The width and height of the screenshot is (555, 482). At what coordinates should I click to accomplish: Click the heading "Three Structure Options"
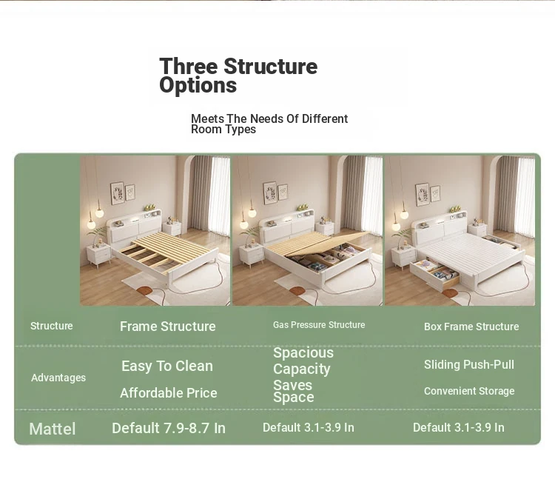(238, 76)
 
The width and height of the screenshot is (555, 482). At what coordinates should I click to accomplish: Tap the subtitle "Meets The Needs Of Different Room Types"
(269, 124)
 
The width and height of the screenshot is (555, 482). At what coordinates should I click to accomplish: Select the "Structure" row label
(51, 326)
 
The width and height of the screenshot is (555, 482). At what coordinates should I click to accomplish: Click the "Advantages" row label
(58, 378)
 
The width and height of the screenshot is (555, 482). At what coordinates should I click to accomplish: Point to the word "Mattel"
(53, 429)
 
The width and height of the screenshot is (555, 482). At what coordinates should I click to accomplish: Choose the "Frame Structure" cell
(168, 327)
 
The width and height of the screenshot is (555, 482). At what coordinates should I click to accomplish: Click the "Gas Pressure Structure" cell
(319, 325)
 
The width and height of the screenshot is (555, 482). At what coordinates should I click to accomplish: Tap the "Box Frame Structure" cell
(471, 327)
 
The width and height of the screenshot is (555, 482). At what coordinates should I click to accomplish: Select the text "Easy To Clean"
(167, 366)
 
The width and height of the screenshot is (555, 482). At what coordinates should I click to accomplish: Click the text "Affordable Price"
(169, 392)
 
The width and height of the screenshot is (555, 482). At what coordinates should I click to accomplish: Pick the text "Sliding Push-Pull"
(469, 364)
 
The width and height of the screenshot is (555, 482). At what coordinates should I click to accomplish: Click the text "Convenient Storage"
(469, 391)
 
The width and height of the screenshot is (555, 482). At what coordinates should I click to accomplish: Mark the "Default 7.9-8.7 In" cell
(169, 428)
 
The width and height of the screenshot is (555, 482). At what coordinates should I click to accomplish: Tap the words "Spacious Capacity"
(303, 361)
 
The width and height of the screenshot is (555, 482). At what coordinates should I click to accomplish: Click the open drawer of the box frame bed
(434, 272)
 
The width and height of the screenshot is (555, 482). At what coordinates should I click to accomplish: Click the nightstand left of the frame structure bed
(99, 255)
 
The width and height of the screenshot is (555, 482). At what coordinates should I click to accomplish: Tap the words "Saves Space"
(294, 391)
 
